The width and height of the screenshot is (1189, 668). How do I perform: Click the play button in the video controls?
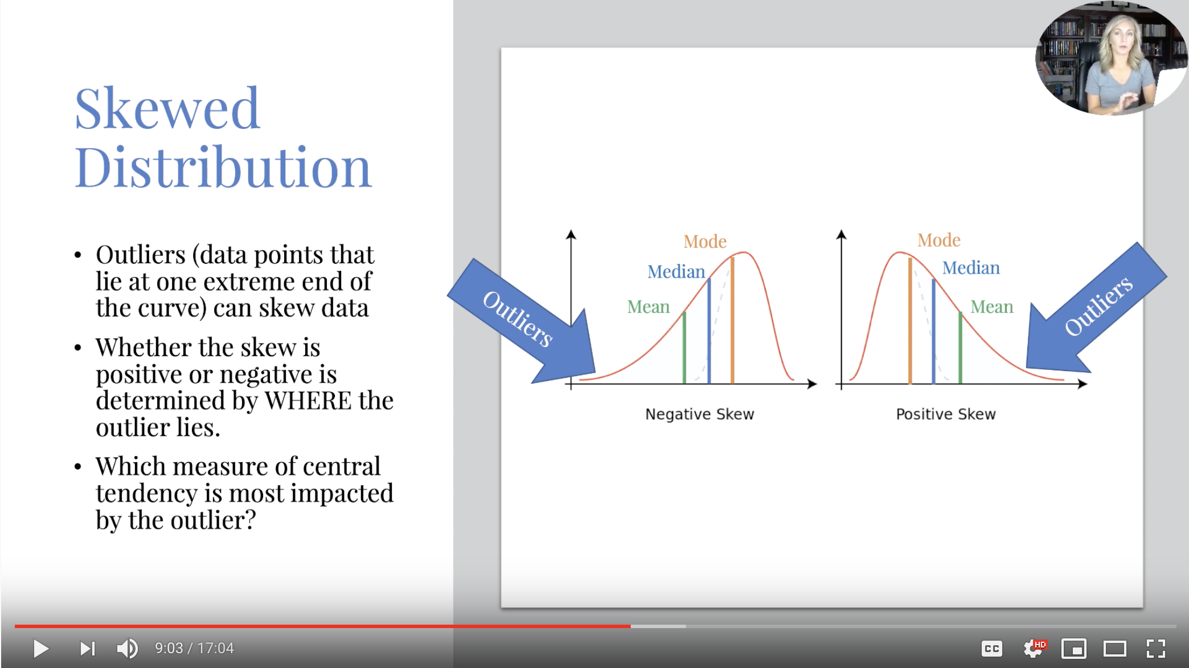tap(40, 648)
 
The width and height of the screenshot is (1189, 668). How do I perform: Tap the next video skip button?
tap(87, 648)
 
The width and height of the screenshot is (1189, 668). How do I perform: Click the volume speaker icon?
tap(127, 648)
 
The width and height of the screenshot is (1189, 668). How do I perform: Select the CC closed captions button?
tap(991, 649)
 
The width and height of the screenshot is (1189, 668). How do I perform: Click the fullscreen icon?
tap(1155, 649)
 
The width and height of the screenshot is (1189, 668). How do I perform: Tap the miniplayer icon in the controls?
tap(1074, 649)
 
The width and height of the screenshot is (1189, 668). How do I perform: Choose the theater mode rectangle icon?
tap(1115, 649)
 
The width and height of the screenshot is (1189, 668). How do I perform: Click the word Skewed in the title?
tap(167, 108)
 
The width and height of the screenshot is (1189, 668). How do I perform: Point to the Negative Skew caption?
tap(699, 414)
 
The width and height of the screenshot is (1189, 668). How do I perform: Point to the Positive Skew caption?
tap(946, 414)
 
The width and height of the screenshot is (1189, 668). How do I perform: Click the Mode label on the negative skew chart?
tap(705, 242)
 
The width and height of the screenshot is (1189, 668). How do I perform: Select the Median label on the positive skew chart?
tap(971, 268)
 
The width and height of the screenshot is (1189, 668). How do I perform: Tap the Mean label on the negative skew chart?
tap(648, 307)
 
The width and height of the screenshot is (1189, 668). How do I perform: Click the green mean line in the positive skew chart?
tap(960, 348)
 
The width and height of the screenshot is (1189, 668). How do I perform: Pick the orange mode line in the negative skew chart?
tap(732, 320)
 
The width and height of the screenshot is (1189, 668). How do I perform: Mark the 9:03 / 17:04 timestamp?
tap(194, 648)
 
